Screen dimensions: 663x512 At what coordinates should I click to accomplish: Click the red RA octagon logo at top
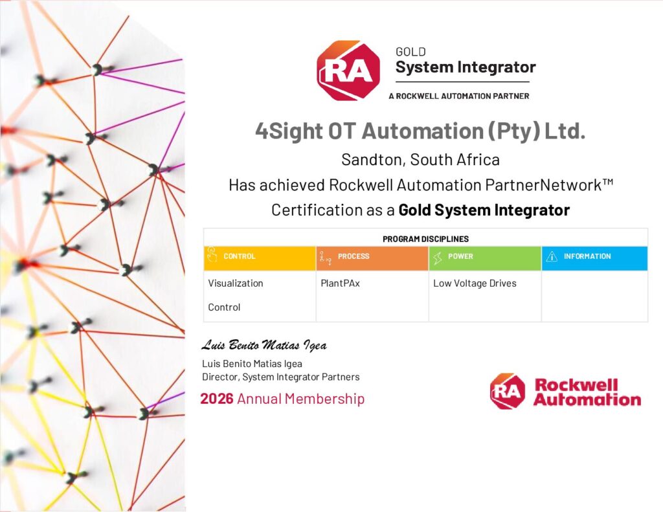348,71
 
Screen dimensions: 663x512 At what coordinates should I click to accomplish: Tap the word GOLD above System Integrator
410,52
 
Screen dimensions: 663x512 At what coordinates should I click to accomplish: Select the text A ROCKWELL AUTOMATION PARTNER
459,96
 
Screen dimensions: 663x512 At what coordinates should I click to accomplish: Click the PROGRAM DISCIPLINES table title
425,239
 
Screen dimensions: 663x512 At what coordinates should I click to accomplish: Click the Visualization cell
236,284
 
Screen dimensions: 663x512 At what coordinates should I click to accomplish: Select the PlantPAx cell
340,284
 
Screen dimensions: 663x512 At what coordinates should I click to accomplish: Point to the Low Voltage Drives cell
475,284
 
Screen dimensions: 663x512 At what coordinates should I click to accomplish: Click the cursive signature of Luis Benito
264,345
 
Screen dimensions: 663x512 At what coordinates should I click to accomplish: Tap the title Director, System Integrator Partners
281,377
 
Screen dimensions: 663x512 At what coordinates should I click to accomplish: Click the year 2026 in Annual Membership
216,399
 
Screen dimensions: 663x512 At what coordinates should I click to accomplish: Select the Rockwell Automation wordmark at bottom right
587,392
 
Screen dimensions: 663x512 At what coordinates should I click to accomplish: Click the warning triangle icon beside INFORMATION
552,256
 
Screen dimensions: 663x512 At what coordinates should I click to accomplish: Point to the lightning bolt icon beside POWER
438,257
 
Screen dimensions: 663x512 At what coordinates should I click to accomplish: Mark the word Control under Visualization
224,307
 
